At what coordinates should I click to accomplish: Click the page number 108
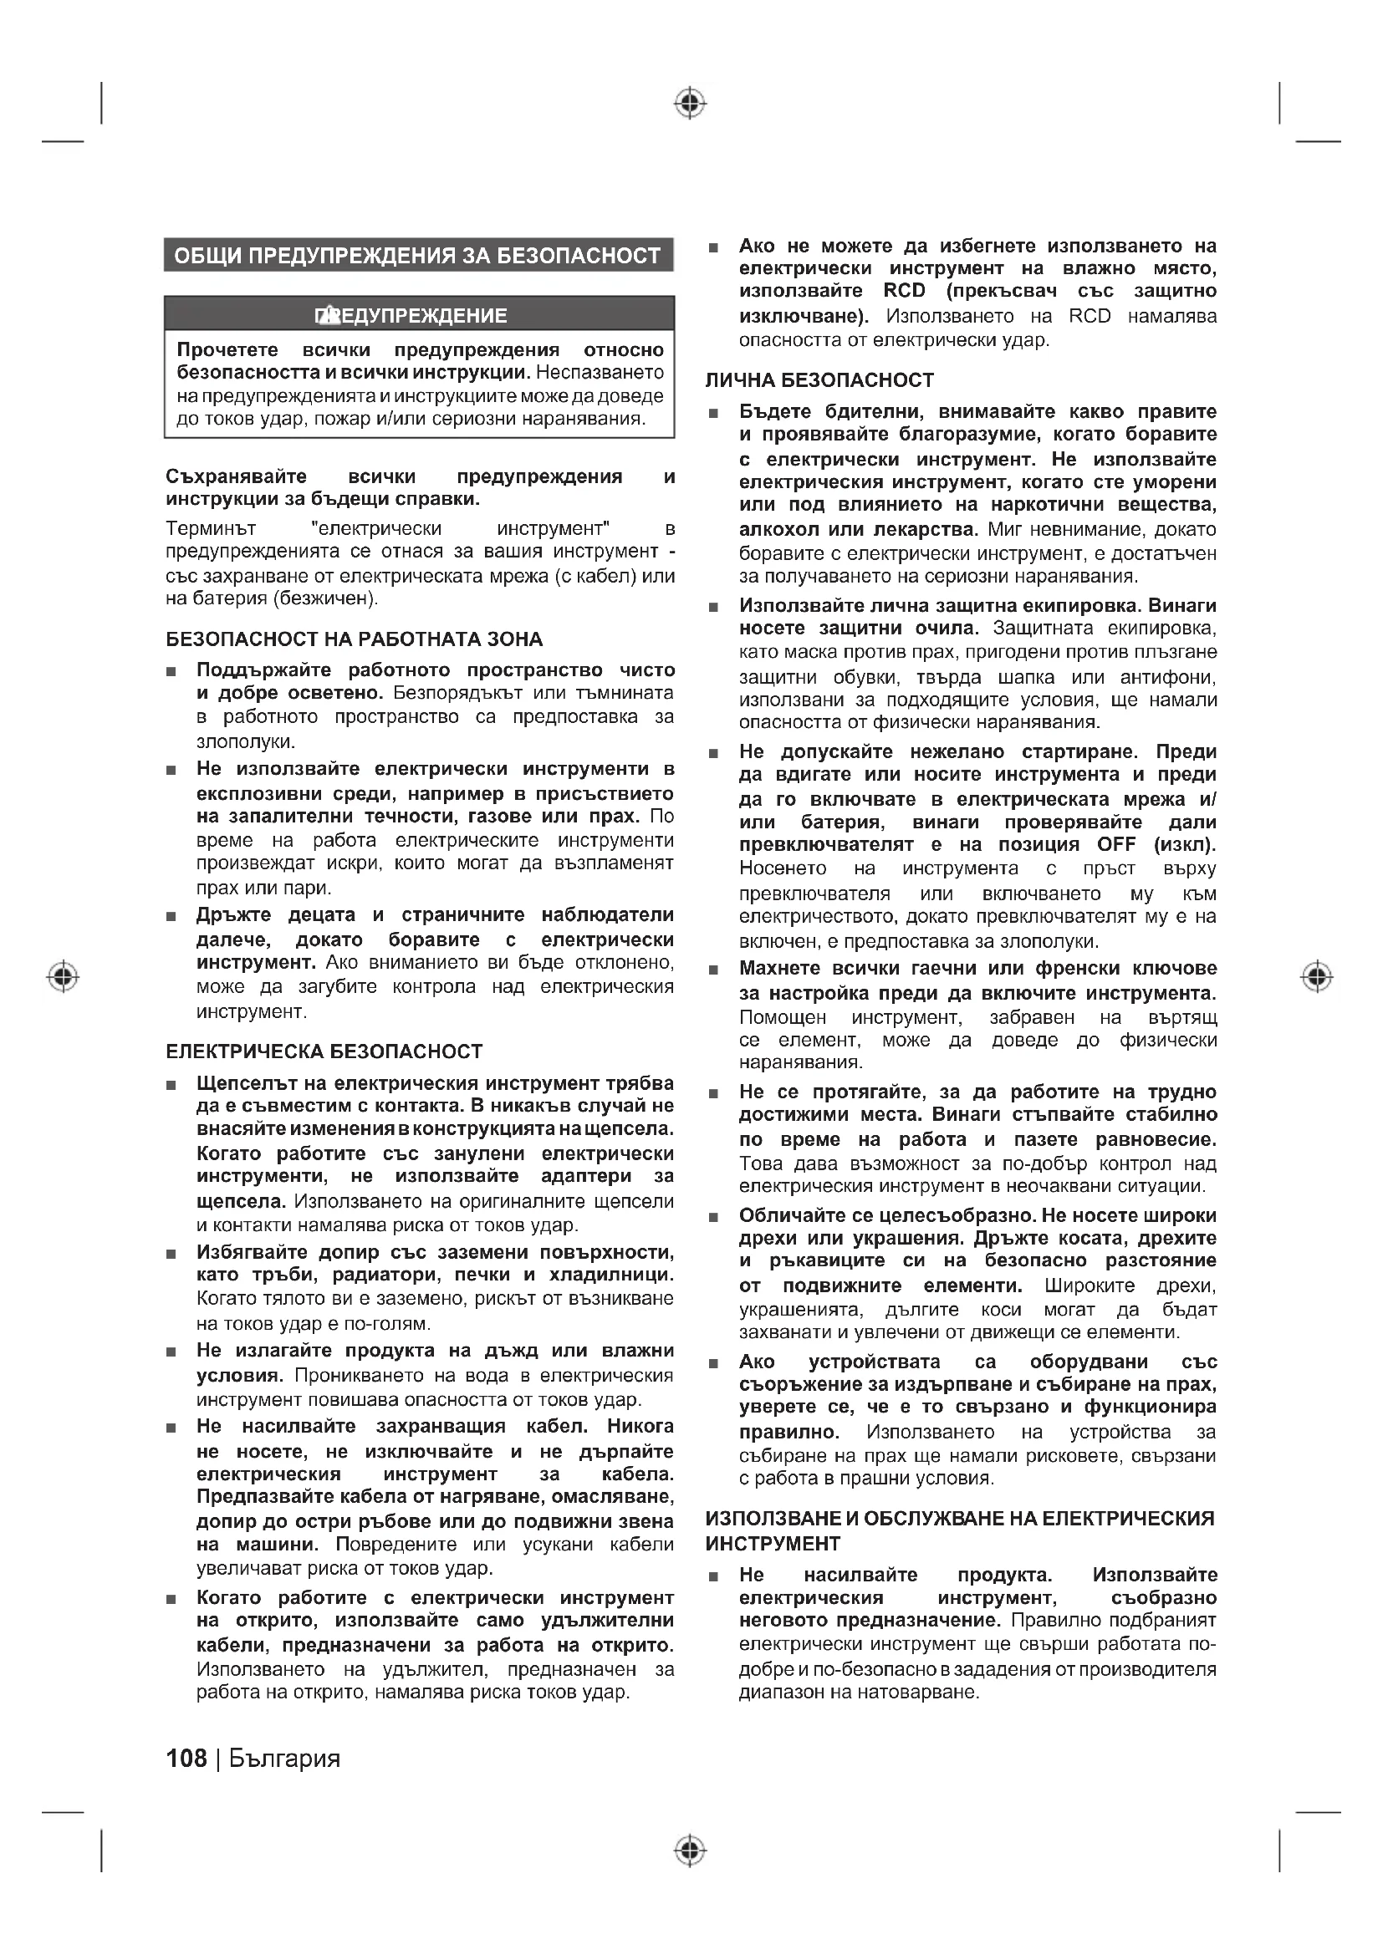coord(186,1759)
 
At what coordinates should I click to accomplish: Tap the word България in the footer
coord(284,1759)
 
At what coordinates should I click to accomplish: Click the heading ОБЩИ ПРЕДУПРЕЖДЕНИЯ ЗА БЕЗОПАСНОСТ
coord(417,256)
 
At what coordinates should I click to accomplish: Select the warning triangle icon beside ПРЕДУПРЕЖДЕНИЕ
coord(327,316)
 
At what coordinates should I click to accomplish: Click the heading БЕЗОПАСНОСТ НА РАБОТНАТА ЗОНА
coord(354,639)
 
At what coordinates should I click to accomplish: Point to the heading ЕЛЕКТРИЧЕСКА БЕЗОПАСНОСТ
coord(324,1051)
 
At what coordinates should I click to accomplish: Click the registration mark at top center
coord(691,104)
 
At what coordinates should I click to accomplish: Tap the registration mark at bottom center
coord(691,1851)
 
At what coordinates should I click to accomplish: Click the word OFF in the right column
coord(1115,845)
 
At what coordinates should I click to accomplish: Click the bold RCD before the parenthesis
coord(904,291)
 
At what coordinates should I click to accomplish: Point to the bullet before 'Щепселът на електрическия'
coord(171,1085)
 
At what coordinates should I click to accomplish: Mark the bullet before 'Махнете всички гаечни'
coord(713,970)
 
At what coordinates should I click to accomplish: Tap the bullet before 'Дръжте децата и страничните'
coord(171,917)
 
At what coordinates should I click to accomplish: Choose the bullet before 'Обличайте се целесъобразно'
coord(713,1217)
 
